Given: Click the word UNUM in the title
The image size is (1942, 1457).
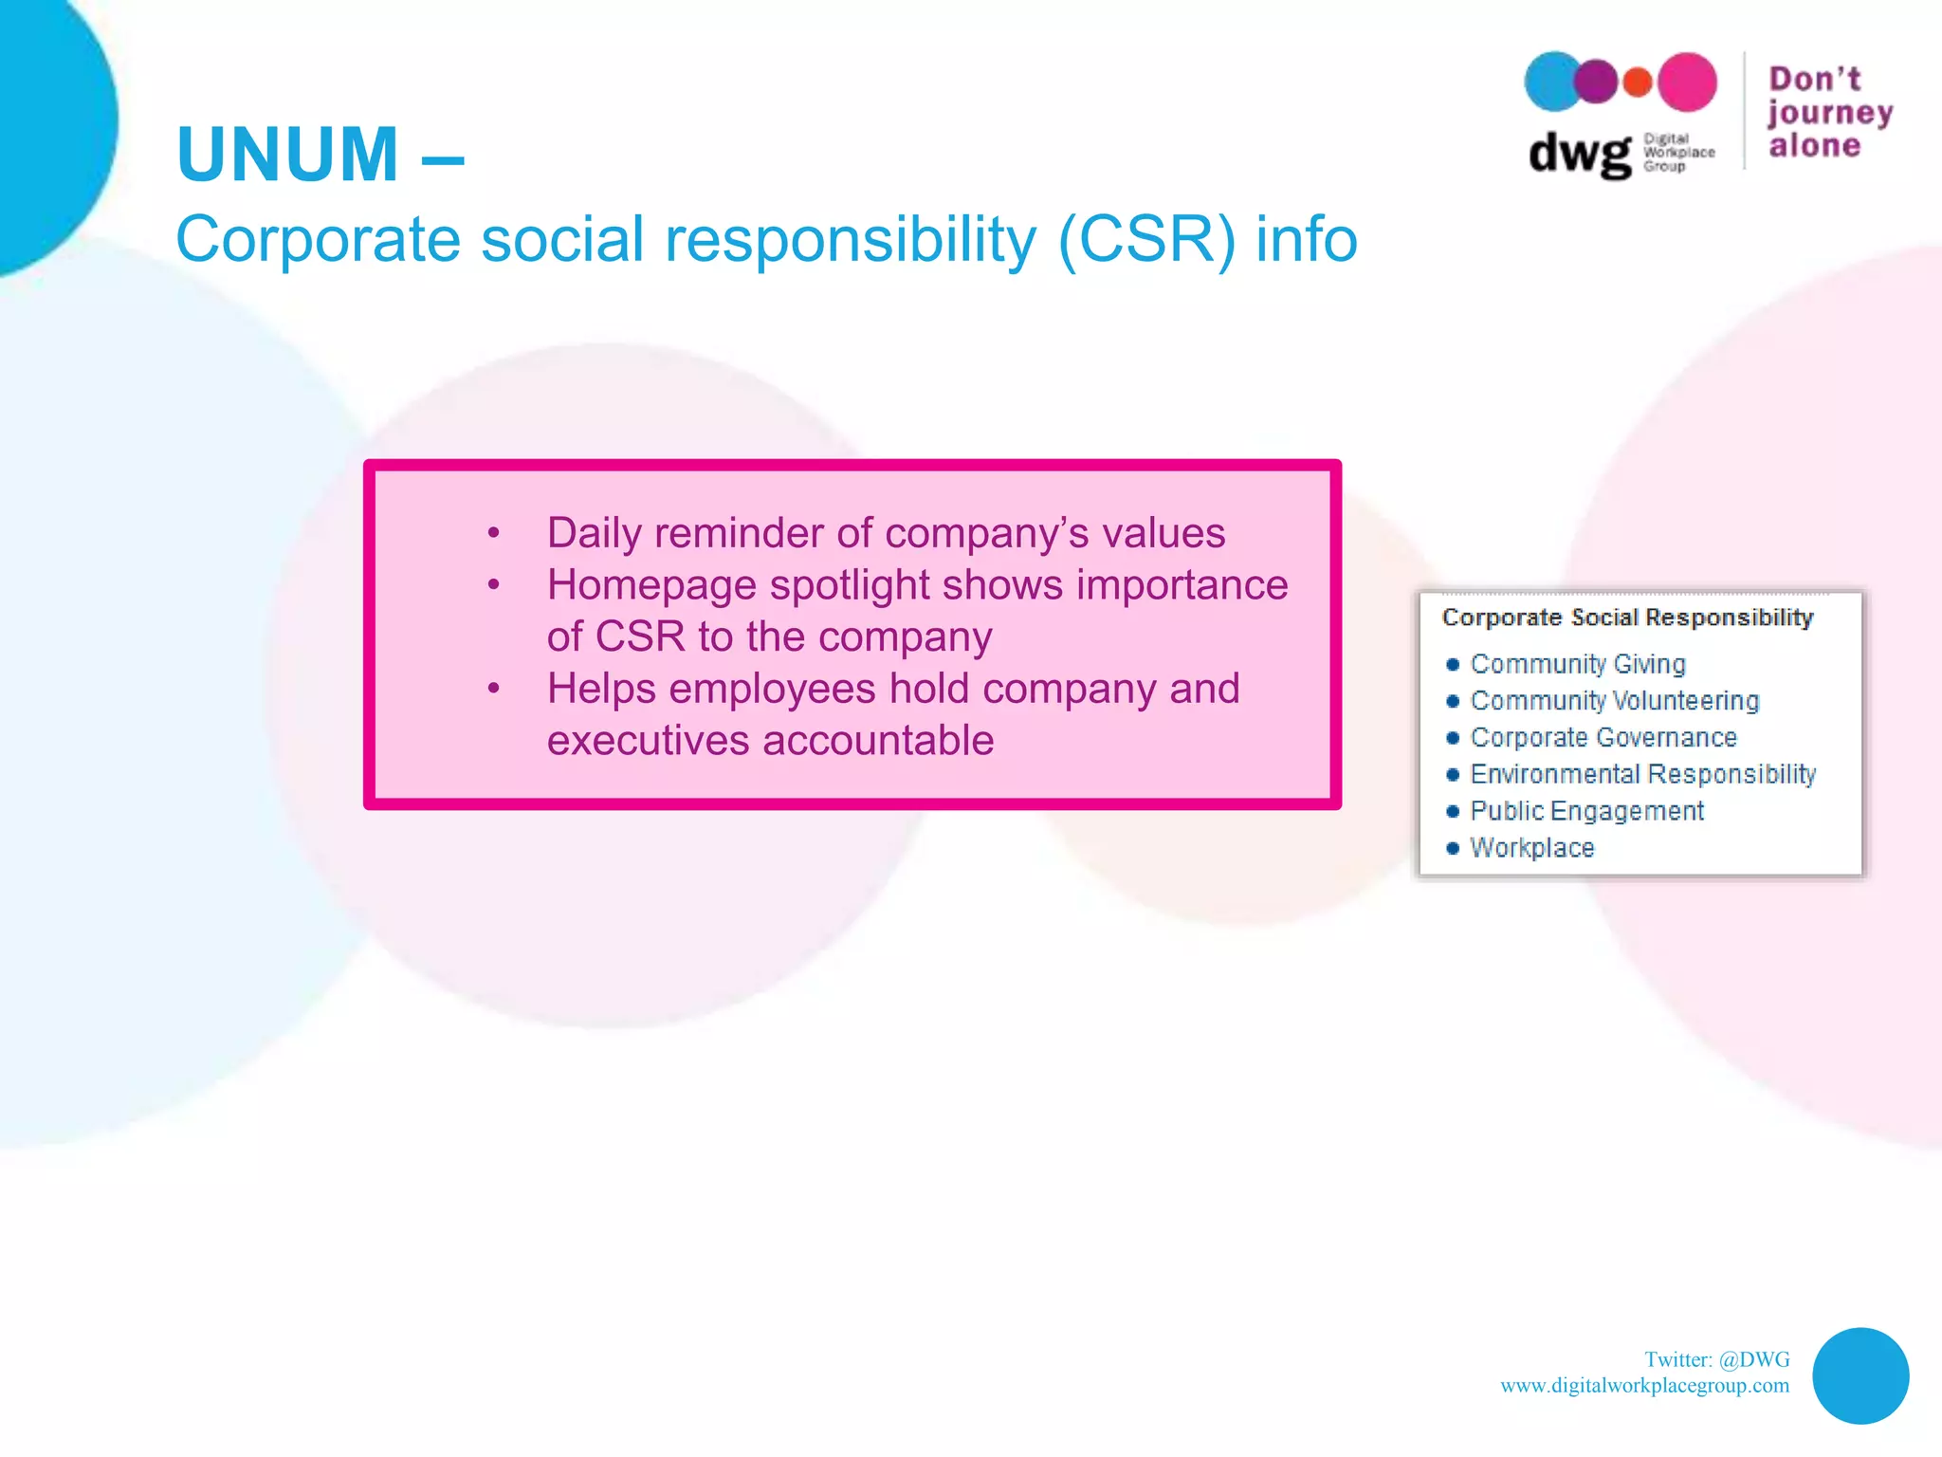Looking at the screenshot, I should pyautogui.click(x=287, y=155).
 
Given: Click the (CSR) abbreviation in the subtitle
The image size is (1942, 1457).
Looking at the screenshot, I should pyautogui.click(x=1146, y=239).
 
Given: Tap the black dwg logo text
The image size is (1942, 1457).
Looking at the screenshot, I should pyautogui.click(x=1579, y=153).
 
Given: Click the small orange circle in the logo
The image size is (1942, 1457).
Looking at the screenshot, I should pyautogui.click(x=1638, y=83).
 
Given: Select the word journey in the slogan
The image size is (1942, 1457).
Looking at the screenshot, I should pyautogui.click(x=1829, y=113).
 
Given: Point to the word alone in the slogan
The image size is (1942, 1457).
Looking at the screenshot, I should pyautogui.click(x=1814, y=145).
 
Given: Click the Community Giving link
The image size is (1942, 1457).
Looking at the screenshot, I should pyautogui.click(x=1577, y=664).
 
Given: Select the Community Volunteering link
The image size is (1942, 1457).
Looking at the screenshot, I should pyautogui.click(x=1614, y=701).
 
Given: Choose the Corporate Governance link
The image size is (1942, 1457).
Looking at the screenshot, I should pyautogui.click(x=1603, y=737).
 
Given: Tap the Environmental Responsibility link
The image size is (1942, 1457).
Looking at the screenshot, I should pyautogui.click(x=1642, y=774).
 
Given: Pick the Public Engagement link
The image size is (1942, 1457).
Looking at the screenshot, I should pyautogui.click(x=1586, y=811).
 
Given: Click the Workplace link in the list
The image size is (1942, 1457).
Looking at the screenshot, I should pyautogui.click(x=1531, y=848).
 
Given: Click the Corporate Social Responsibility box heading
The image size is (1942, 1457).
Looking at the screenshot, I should pyautogui.click(x=1627, y=618).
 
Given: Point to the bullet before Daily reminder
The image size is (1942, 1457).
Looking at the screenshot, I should pyautogui.click(x=493, y=534).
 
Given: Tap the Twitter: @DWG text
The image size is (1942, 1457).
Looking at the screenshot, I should pyautogui.click(x=1716, y=1359).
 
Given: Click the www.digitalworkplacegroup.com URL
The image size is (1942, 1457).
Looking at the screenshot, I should pyautogui.click(x=1644, y=1385).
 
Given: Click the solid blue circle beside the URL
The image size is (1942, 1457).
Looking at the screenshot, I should pyautogui.click(x=1860, y=1375).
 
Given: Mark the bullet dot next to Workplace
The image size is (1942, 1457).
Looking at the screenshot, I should pyautogui.click(x=1452, y=848).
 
